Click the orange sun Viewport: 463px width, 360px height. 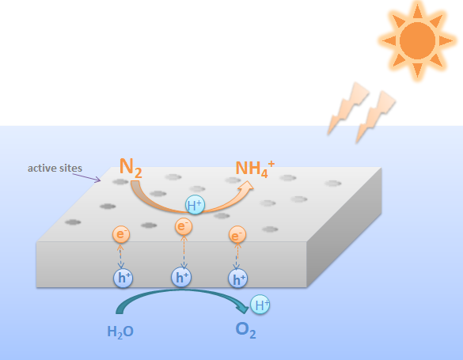(417, 40)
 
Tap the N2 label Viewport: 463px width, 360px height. (131, 168)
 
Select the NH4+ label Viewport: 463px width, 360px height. (255, 169)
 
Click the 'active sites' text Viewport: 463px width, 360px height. (55, 169)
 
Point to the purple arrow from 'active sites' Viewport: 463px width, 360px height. (86, 178)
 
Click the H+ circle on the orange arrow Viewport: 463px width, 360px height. (195, 204)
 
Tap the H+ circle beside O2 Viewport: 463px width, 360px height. (260, 305)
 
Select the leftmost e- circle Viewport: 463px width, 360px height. (121, 234)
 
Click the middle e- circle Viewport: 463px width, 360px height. (184, 226)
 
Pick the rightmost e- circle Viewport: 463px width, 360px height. (237, 235)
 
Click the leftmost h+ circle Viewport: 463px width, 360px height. (123, 278)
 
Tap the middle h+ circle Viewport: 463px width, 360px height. (181, 277)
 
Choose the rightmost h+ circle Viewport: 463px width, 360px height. (237, 279)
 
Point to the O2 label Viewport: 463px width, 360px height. (245, 330)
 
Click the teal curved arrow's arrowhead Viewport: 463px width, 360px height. (243, 308)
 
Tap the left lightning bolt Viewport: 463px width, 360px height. (348, 108)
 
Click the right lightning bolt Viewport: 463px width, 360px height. (376, 117)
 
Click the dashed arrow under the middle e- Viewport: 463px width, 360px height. (184, 252)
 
